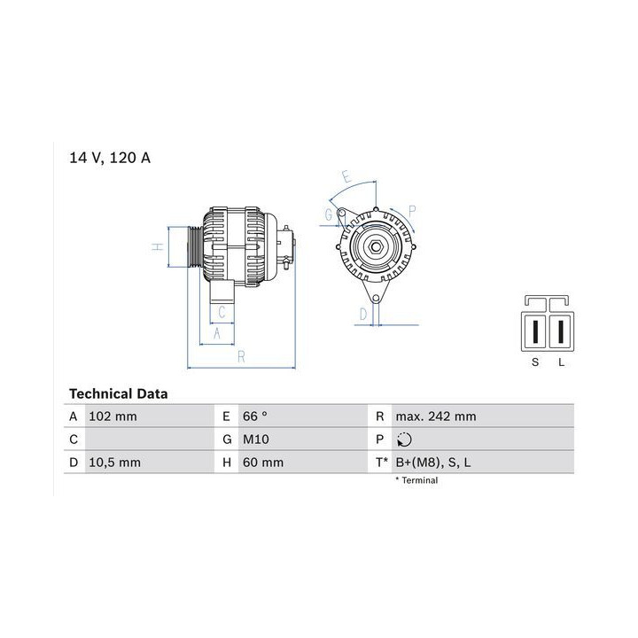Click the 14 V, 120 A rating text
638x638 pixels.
point(110,158)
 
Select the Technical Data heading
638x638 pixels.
point(119,393)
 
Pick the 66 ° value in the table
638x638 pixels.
point(255,416)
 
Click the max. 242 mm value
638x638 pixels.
point(436,416)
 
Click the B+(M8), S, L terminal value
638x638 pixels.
point(433,463)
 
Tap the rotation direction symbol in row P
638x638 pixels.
point(404,440)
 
